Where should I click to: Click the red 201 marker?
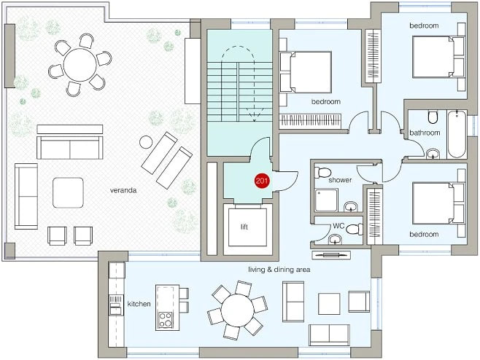(x=262, y=181)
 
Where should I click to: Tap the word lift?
(x=244, y=227)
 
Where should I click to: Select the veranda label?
(x=123, y=190)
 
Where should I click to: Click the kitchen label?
(x=139, y=304)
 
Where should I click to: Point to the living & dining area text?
(x=279, y=270)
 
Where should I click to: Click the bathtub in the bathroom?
(x=457, y=134)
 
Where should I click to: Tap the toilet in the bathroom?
(x=433, y=117)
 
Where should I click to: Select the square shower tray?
(x=327, y=200)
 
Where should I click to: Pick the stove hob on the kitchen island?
(x=166, y=320)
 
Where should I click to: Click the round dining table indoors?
(x=238, y=310)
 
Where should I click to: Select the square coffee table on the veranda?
(x=68, y=192)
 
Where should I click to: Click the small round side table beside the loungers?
(x=146, y=142)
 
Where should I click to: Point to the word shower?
(x=340, y=180)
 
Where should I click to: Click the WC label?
(x=338, y=226)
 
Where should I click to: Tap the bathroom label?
(x=425, y=133)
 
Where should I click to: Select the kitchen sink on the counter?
(x=115, y=309)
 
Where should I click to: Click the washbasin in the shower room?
(x=351, y=207)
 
